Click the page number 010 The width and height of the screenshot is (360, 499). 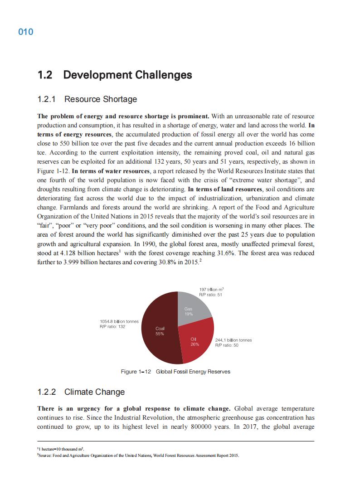pos(26,32)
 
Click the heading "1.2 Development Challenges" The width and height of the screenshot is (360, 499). pos(115,75)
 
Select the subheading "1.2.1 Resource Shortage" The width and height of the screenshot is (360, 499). pos(87,99)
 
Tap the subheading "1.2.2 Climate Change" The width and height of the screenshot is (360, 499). pos(81,392)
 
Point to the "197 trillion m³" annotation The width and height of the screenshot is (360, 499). pos(212,289)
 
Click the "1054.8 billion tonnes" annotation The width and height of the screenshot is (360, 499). pos(119,321)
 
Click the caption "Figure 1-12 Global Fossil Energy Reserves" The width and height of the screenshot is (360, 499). pos(175,372)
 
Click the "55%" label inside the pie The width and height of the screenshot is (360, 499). pos(160,334)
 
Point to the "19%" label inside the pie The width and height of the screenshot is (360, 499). pos(189,314)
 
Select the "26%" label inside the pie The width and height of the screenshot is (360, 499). pos(195,344)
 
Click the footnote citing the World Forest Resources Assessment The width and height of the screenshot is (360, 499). pos(138,455)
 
